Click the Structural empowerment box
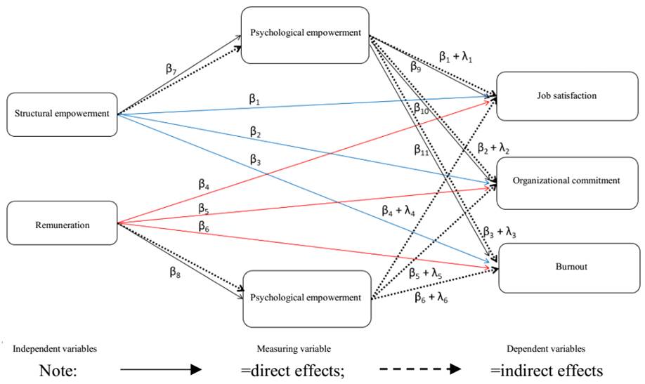coord(61,114)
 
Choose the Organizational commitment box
coord(568,181)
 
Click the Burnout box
coord(569,267)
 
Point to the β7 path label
coord(171,68)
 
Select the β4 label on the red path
coord(204,185)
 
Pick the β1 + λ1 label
coord(455,56)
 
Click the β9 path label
coord(416,69)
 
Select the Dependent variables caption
coord(546,348)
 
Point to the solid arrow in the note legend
coord(160,369)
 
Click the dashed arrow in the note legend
coord(419,369)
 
